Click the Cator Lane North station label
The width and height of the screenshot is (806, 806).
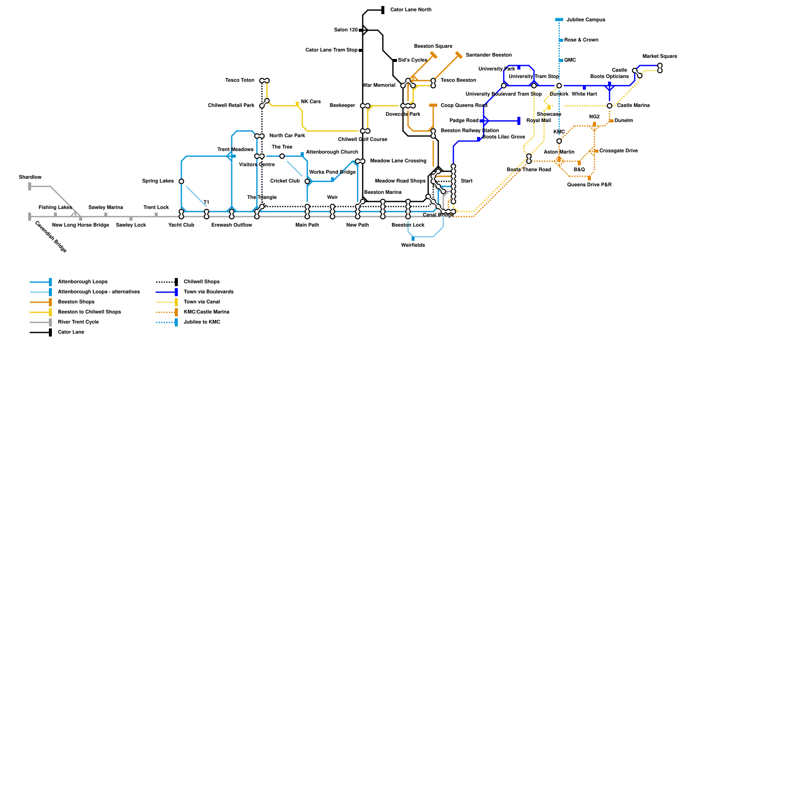pyautogui.click(x=411, y=10)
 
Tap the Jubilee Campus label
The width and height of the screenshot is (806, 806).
pyautogui.click(x=585, y=20)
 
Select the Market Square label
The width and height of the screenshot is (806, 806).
pyautogui.click(x=659, y=56)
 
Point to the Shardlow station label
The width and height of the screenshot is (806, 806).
pyautogui.click(x=30, y=177)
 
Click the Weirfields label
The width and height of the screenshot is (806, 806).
pyautogui.click(x=413, y=245)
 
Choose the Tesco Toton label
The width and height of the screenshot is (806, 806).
pyautogui.click(x=240, y=81)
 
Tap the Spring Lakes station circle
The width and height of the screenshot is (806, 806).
pyautogui.click(x=181, y=181)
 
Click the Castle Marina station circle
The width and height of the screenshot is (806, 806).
pyautogui.click(x=610, y=106)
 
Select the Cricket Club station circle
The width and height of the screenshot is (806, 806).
pyautogui.click(x=307, y=181)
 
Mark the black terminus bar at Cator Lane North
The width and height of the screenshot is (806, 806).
pyautogui.click(x=383, y=10)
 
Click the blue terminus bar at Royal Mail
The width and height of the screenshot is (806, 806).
pyautogui.click(x=519, y=121)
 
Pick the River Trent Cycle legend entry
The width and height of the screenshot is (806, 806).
pyautogui.click(x=78, y=322)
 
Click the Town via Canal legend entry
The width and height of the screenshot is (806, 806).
pyautogui.click(x=201, y=302)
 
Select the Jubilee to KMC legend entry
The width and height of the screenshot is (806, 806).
pyautogui.click(x=201, y=322)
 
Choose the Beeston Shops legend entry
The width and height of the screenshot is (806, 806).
pyautogui.click(x=76, y=302)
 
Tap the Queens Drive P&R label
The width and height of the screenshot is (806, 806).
pyautogui.click(x=589, y=185)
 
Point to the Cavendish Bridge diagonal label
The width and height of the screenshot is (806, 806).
pyautogui.click(x=50, y=236)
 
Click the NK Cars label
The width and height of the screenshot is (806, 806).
pyautogui.click(x=311, y=102)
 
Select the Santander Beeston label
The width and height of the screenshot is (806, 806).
pyautogui.click(x=488, y=55)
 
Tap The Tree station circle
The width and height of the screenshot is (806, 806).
pyautogui.click(x=282, y=156)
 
